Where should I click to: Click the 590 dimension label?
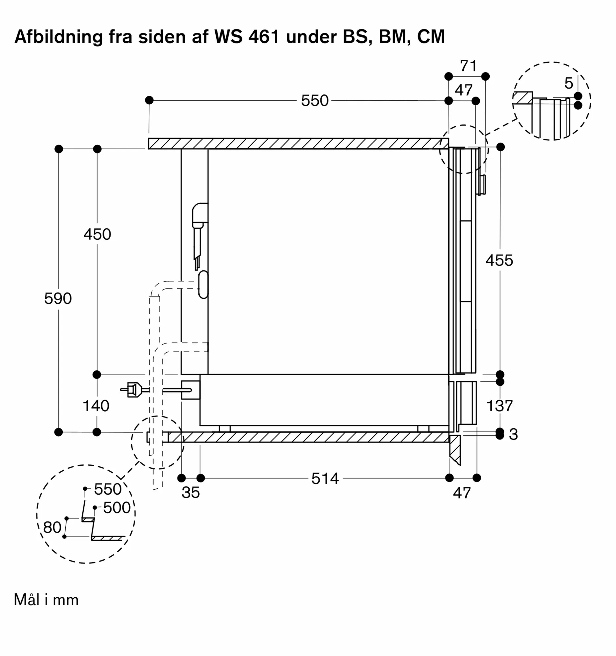point(58,298)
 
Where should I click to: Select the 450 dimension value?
point(97,234)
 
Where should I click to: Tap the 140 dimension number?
point(96,405)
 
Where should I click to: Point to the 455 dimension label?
point(499,260)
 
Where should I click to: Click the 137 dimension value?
point(499,405)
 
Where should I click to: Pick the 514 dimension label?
point(325,479)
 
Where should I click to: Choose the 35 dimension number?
point(190,492)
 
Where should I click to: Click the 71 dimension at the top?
point(468,66)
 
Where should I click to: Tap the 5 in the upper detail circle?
point(568,83)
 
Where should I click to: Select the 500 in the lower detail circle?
point(117,507)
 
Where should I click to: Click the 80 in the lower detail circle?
point(52,527)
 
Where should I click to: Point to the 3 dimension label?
point(513,434)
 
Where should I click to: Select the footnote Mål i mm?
point(46,600)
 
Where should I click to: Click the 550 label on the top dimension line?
point(315,101)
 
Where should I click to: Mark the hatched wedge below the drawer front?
point(455,449)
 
